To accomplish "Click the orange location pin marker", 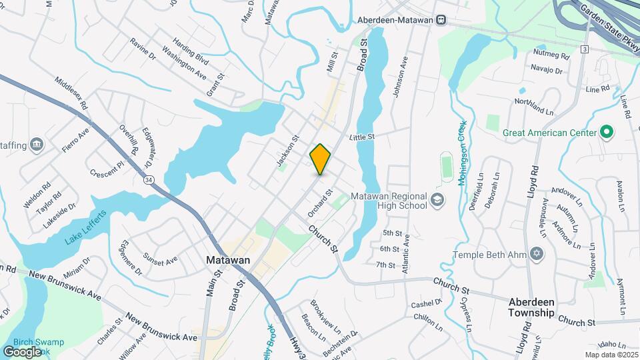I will pos(321,159).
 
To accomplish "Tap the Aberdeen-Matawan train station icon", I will pos(441,20).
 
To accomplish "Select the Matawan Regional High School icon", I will pos(437,199).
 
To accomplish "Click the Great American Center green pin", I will pos(606,133).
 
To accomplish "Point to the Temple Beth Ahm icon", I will pos(537,255).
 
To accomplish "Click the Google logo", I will pos(22,351).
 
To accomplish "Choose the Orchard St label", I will pos(320,202).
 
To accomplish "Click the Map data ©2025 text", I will pos(611,355).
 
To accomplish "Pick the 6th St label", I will pos(389,249).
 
